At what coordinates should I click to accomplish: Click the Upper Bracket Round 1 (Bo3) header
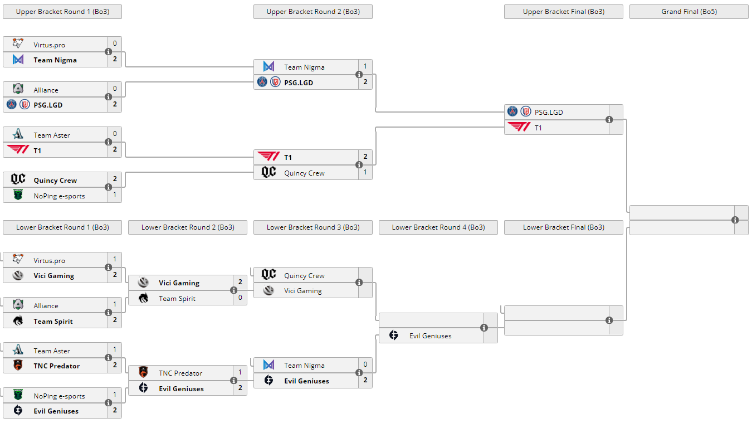pyautogui.click(x=62, y=12)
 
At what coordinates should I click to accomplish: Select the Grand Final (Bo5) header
pyautogui.click(x=688, y=12)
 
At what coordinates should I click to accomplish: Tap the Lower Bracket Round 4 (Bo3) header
pyautogui.click(x=438, y=227)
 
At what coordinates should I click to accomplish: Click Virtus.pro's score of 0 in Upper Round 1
pyautogui.click(x=115, y=43)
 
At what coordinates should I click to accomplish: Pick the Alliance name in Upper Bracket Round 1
pyautogui.click(x=46, y=90)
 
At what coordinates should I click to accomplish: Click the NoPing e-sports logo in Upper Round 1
pyautogui.click(x=18, y=195)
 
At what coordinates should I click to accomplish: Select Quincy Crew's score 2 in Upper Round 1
pyautogui.click(x=115, y=179)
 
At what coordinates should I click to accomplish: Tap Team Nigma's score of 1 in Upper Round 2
pyautogui.click(x=365, y=66)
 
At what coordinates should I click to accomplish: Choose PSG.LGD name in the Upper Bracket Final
pyautogui.click(x=549, y=112)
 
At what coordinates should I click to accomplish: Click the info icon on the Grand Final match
pyautogui.click(x=735, y=220)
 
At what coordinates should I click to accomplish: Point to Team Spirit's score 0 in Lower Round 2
pyautogui.click(x=240, y=298)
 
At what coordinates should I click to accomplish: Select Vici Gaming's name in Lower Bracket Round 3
pyautogui.click(x=303, y=290)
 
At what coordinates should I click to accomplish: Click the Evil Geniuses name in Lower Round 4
pyautogui.click(x=430, y=336)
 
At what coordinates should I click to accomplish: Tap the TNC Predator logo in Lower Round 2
pyautogui.click(x=143, y=372)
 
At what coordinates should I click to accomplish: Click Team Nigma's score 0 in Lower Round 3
pyautogui.click(x=365, y=364)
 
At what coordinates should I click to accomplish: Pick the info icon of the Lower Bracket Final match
pyautogui.click(x=609, y=320)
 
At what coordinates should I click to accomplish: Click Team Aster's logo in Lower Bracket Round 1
pyautogui.click(x=18, y=350)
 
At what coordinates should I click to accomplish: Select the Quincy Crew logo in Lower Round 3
pyautogui.click(x=268, y=275)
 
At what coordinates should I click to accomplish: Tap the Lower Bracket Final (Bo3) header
pyautogui.click(x=563, y=227)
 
